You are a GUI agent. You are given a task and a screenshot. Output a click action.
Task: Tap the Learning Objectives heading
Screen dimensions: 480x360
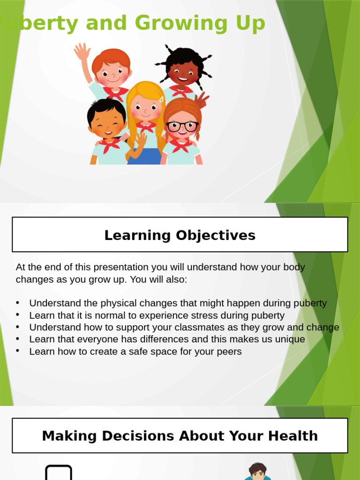tap(180, 235)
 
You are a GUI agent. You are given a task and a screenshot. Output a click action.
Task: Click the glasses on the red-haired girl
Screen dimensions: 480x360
tap(182, 126)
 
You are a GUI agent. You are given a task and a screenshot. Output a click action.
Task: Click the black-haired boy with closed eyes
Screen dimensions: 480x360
tap(107, 121)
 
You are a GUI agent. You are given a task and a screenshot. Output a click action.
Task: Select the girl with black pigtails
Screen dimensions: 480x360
tap(183, 70)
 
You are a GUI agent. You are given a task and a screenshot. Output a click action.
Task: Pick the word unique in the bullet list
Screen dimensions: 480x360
tap(289, 339)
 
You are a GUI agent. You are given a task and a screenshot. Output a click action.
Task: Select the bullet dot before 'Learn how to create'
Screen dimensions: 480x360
tap(18, 351)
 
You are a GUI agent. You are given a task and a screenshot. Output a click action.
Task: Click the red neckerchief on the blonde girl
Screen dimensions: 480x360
tap(146, 127)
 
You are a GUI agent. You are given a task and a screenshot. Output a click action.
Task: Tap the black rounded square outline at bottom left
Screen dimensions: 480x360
tap(59, 472)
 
